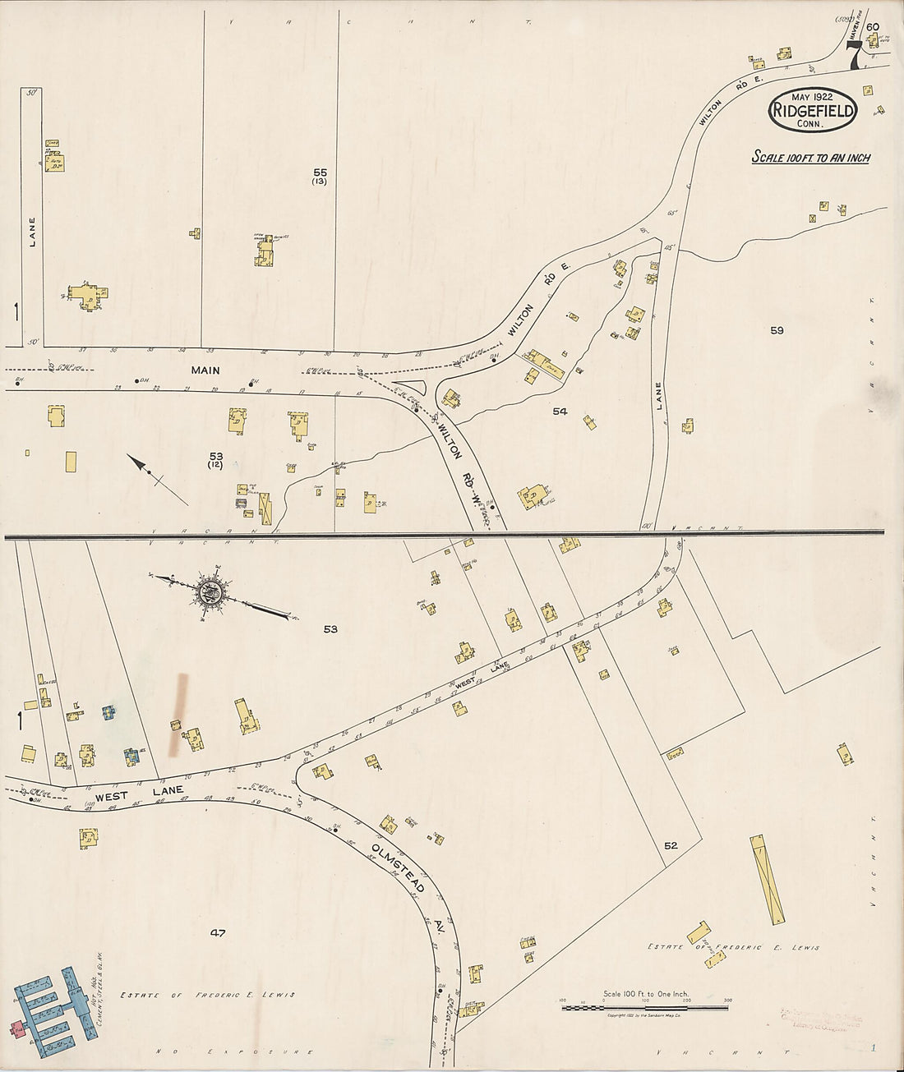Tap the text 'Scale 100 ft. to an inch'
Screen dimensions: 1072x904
(x=810, y=157)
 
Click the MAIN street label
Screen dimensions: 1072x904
(x=205, y=370)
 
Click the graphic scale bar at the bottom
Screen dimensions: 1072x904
(x=645, y=1006)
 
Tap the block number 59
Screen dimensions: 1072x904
(x=777, y=330)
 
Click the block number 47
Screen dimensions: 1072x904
(x=217, y=932)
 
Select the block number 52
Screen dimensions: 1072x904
(x=671, y=844)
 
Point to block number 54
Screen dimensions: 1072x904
(x=560, y=411)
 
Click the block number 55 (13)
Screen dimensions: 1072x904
(x=320, y=176)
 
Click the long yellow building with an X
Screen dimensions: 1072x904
(x=768, y=878)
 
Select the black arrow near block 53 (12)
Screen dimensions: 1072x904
(x=156, y=476)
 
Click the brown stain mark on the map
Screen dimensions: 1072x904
(x=178, y=715)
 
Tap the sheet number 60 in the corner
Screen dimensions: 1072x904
(x=872, y=37)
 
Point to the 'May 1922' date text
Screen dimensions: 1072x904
(x=812, y=96)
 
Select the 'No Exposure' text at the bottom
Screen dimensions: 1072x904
(x=234, y=1051)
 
